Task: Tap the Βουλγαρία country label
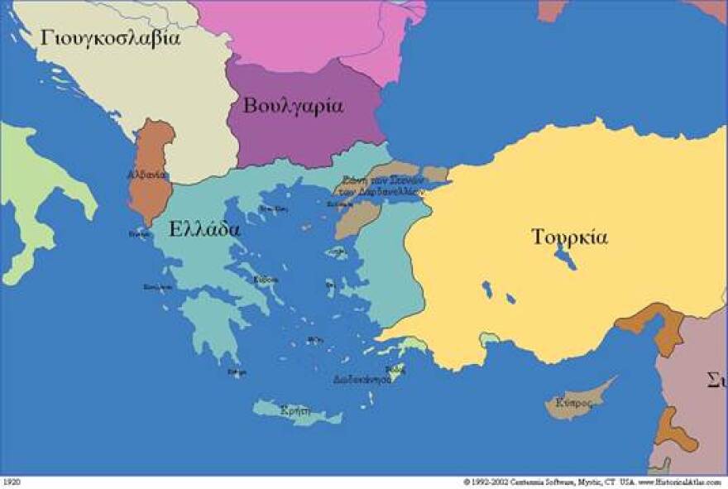tap(293, 106)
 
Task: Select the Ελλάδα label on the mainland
tap(204, 229)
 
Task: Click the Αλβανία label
tap(146, 175)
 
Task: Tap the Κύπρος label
tap(573, 403)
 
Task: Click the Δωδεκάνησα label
tap(362, 381)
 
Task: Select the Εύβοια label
tap(265, 279)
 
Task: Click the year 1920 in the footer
tap(12, 481)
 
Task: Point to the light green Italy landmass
tap(33, 190)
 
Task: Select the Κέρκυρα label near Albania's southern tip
tap(139, 233)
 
